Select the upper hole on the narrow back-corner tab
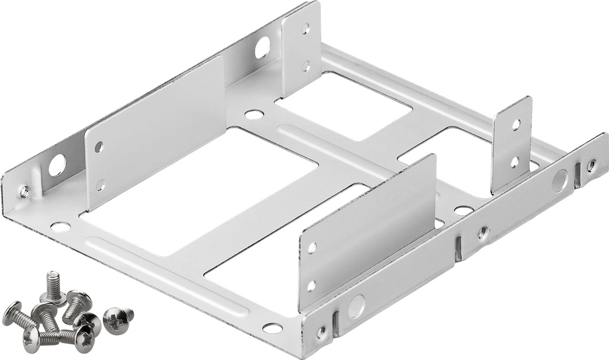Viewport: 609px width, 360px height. [305, 29]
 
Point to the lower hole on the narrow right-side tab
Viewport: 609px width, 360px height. [514, 162]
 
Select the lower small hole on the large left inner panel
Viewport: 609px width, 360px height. [100, 185]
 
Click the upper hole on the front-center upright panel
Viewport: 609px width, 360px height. [312, 247]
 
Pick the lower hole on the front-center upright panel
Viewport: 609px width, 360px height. [311, 286]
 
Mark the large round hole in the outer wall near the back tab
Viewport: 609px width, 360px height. [262, 48]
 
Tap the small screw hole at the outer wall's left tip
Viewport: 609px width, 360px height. [24, 191]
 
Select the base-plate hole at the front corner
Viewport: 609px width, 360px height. [272, 328]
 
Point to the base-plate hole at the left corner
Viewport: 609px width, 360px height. [60, 227]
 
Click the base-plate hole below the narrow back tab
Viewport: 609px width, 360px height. [255, 114]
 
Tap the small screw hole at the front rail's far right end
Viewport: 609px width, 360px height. [590, 165]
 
